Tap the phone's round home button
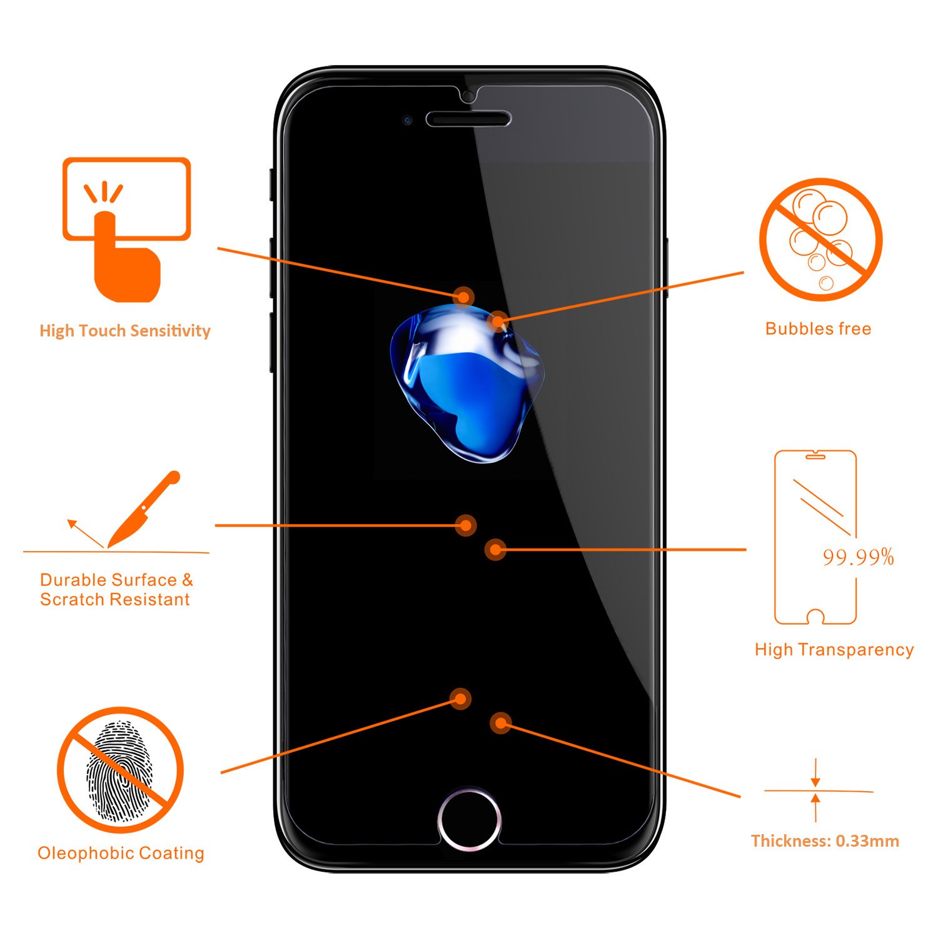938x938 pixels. tap(469, 819)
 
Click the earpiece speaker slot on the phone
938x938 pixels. tap(468, 119)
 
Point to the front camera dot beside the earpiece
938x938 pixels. tap(407, 119)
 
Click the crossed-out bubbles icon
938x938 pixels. tap(820, 240)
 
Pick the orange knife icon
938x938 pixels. tap(143, 509)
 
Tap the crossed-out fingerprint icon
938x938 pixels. tap(120, 770)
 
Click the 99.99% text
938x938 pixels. tap(858, 557)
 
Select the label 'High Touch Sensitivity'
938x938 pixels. tap(125, 331)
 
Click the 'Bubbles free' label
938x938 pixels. tap(818, 329)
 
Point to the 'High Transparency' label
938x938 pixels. tap(834, 650)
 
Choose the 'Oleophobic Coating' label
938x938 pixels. tap(121, 853)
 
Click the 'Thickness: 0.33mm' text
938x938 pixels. tap(825, 841)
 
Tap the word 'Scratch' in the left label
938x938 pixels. tap(70, 600)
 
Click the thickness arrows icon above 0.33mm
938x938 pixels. tap(815, 791)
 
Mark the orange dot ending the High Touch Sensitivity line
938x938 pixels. tap(463, 296)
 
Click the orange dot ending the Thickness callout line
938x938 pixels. tap(500, 724)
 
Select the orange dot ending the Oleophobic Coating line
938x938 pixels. tap(461, 698)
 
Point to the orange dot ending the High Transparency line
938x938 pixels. tap(495, 550)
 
